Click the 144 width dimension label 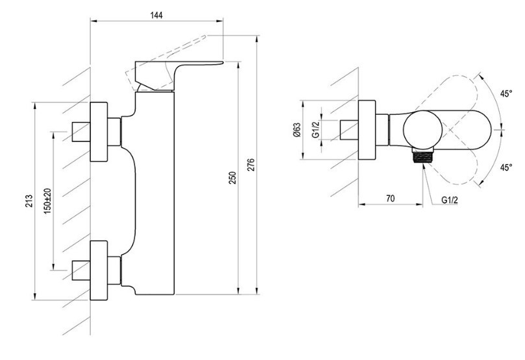point(156,16)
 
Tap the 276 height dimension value point(250,165)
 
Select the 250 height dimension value point(232,178)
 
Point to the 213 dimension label point(29,200)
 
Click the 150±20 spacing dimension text point(47,201)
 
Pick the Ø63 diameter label point(297,130)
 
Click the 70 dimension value point(391,198)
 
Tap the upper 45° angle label point(506,93)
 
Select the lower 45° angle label point(506,167)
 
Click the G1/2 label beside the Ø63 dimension point(315,130)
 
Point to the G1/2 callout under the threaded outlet point(449,200)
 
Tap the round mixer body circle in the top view point(422,130)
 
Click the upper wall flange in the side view point(99,132)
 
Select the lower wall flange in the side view point(99,270)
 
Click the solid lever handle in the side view point(161,75)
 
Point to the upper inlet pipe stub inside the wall point(81,132)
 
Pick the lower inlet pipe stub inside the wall point(81,270)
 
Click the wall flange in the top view point(367,130)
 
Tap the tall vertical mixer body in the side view point(154,193)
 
